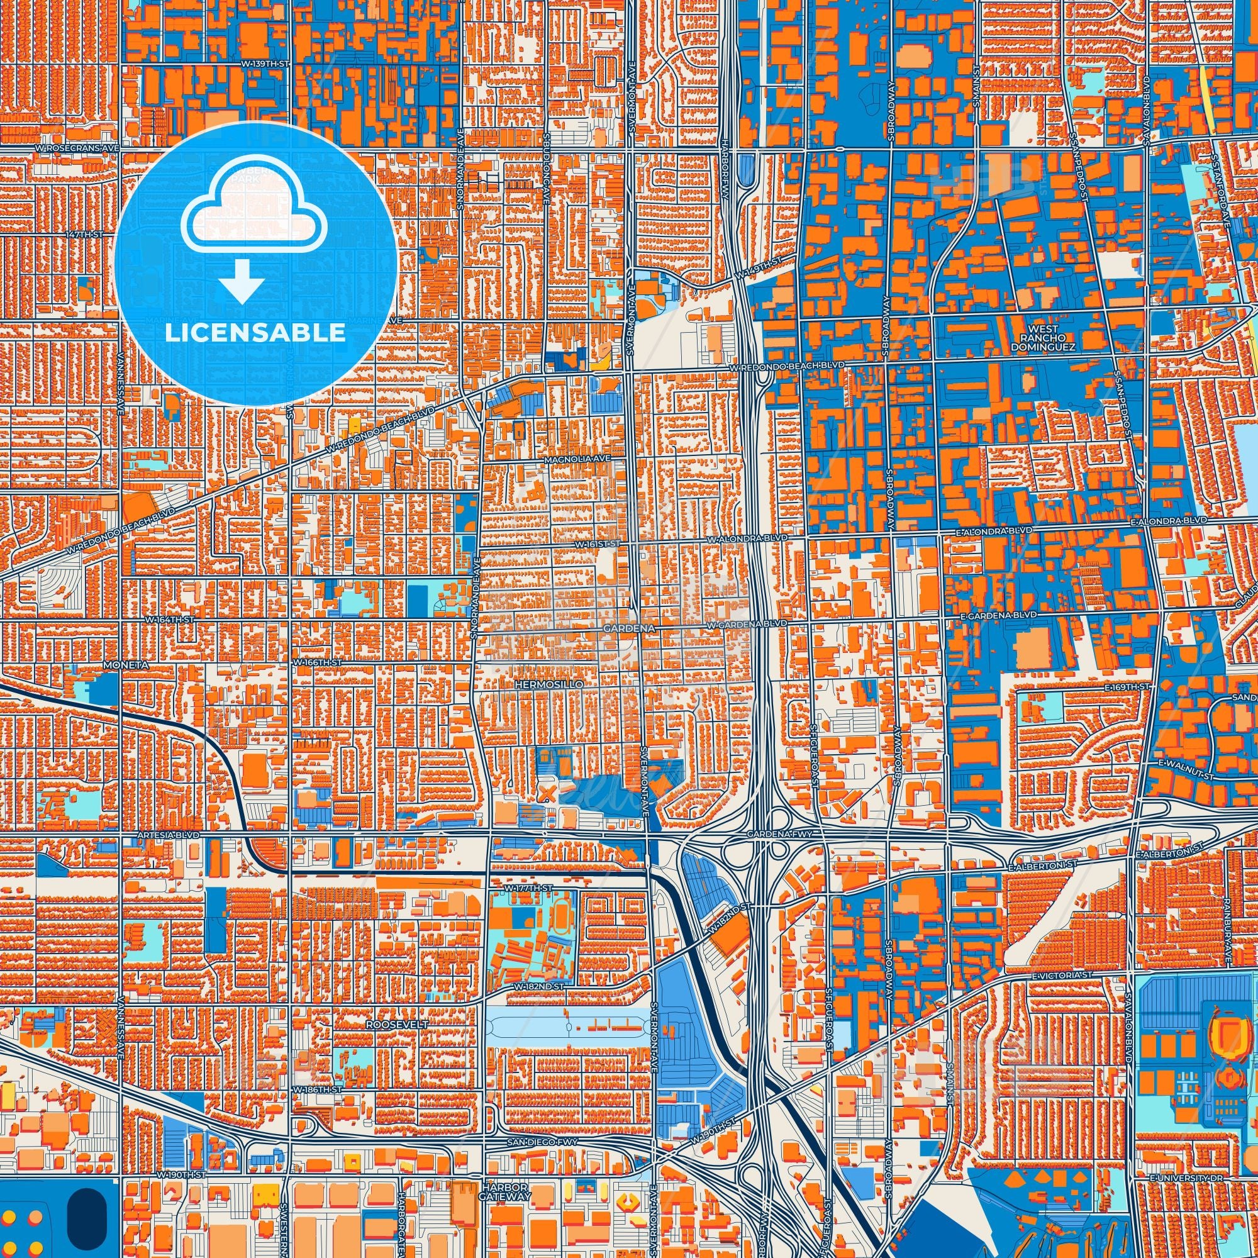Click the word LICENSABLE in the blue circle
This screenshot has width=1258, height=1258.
(x=255, y=333)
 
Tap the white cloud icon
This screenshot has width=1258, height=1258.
(x=255, y=206)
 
